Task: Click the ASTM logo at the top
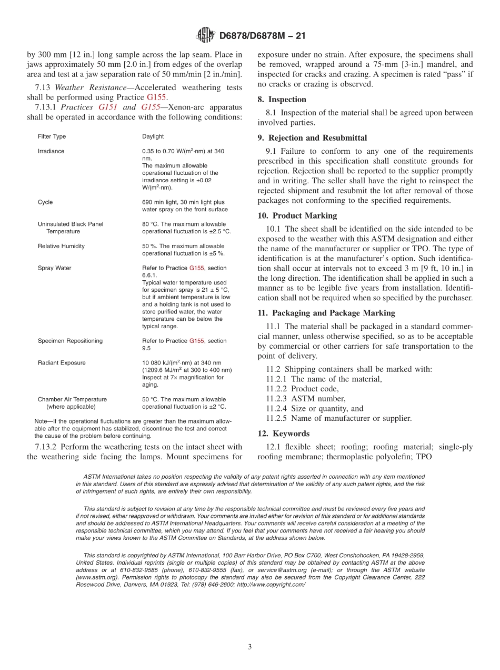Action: pos(205,35)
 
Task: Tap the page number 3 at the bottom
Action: pos(250,647)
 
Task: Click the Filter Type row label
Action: pos(52,136)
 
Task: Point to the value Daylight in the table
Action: pos(153,136)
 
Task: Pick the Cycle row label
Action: pos(45,202)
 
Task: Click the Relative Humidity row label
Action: pos(61,246)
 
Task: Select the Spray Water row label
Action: pos(54,268)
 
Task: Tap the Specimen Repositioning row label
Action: pos(70,341)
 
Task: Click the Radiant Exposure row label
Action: pos(62,363)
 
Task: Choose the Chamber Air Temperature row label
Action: pos(72,399)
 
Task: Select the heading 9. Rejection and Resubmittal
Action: pos(312,138)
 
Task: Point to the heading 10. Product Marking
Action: pos(297,215)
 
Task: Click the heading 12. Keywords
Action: pos(283,433)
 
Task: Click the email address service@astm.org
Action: pos(272,570)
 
